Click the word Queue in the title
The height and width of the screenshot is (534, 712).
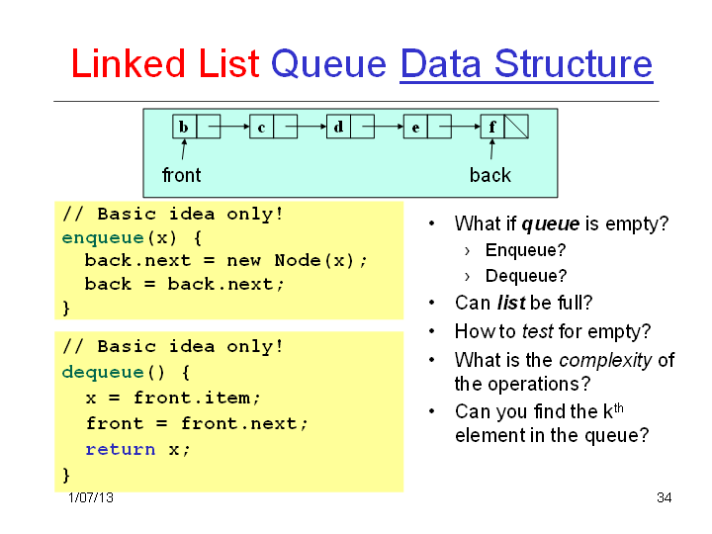point(328,64)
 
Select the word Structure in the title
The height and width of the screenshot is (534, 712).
point(573,63)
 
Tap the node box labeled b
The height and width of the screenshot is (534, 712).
point(184,127)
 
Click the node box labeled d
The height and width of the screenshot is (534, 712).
point(338,127)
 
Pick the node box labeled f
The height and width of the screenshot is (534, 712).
point(492,127)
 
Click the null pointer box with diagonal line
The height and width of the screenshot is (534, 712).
point(516,127)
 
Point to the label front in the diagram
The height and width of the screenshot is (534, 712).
point(181,175)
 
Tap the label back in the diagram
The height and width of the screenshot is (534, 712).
point(489,175)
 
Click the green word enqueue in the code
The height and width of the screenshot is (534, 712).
point(103,238)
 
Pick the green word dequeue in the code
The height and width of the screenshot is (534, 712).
point(103,373)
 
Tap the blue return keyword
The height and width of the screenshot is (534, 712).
point(121,450)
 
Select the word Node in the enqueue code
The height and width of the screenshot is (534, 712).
point(298,260)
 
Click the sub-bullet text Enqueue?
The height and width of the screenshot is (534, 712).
point(525,250)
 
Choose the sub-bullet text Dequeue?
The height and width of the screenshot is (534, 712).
point(526,276)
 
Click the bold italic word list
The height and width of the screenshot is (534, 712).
point(511,303)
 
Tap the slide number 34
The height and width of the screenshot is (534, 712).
point(664,497)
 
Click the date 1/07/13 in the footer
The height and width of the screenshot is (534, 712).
point(91,497)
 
